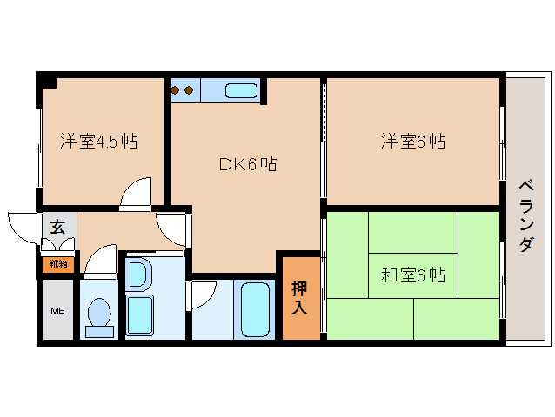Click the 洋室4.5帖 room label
click(x=99, y=142)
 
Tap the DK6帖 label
click(x=248, y=164)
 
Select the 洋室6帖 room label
click(x=413, y=141)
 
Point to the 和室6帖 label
click(x=413, y=275)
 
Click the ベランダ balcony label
click(x=526, y=216)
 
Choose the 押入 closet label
click(x=299, y=298)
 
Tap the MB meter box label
click(x=57, y=311)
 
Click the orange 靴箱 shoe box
click(x=58, y=264)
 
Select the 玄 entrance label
click(x=57, y=226)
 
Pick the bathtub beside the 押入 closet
click(x=255, y=309)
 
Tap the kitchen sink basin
click(x=241, y=91)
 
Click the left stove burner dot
click(x=175, y=90)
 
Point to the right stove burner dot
click(x=189, y=90)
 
